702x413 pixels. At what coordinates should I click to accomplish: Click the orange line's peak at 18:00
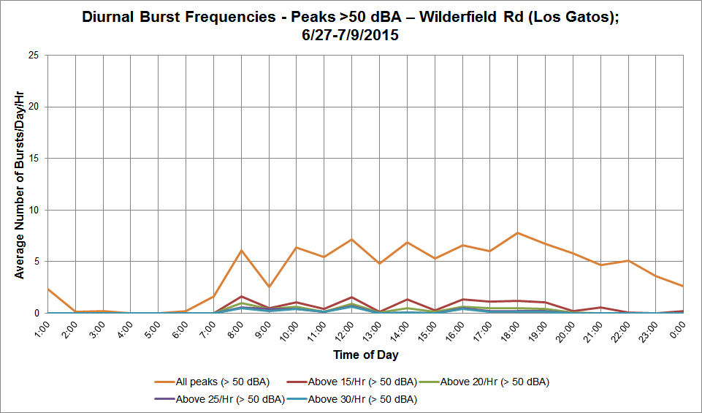517,233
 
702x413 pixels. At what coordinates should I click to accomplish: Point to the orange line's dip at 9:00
269,287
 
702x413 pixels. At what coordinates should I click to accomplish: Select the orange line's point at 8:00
242,251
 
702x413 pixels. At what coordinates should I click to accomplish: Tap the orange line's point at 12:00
352,240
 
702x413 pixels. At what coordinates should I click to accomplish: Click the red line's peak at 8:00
242,297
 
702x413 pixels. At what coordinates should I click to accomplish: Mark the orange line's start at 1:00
48,289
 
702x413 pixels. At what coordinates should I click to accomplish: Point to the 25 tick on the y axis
34,56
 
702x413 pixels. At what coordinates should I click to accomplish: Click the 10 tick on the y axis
34,210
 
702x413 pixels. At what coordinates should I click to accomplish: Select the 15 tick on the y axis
34,159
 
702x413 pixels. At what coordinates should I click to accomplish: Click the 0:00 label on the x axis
678,330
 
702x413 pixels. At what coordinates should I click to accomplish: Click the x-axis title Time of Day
366,355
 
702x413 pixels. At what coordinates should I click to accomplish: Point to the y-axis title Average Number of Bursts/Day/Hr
19,185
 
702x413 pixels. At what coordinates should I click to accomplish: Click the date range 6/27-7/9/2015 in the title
351,35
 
